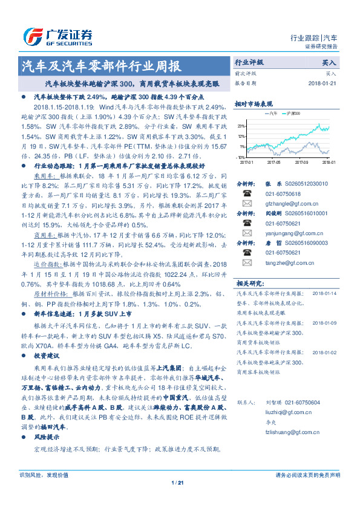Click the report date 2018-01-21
click(320, 83)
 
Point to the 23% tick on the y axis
click(242, 126)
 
